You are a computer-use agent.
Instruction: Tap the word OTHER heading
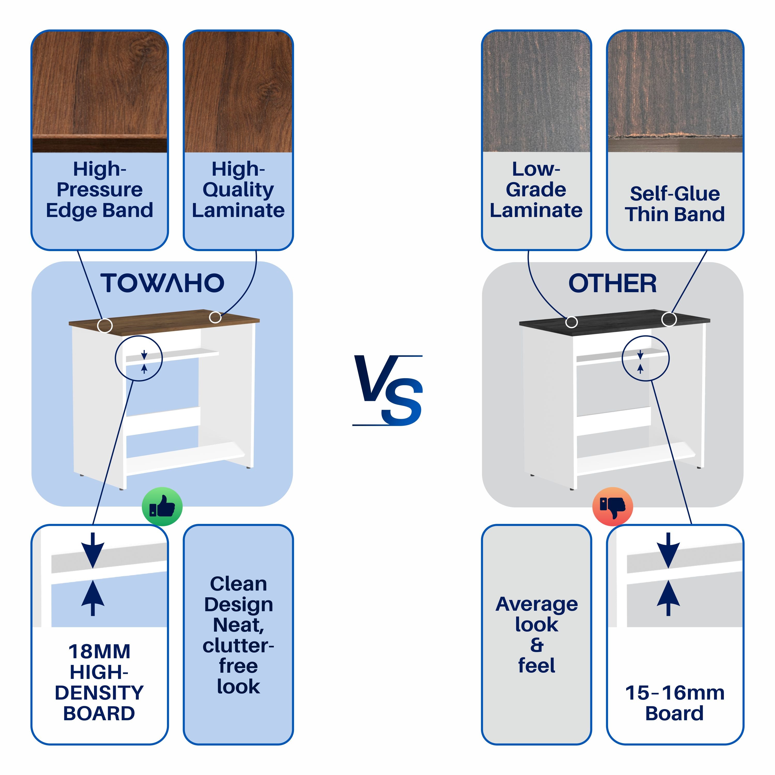point(613,284)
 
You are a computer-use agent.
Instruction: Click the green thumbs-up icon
point(162,507)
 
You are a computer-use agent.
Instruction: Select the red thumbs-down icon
point(613,507)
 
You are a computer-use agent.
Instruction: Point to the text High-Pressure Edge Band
point(99,190)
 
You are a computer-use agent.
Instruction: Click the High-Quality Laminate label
point(238,190)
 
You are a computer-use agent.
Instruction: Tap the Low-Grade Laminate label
point(536,190)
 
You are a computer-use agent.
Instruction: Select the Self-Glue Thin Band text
point(675,204)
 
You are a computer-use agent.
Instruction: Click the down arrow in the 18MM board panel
point(93,549)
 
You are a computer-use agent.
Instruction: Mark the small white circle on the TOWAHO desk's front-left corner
point(105,325)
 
